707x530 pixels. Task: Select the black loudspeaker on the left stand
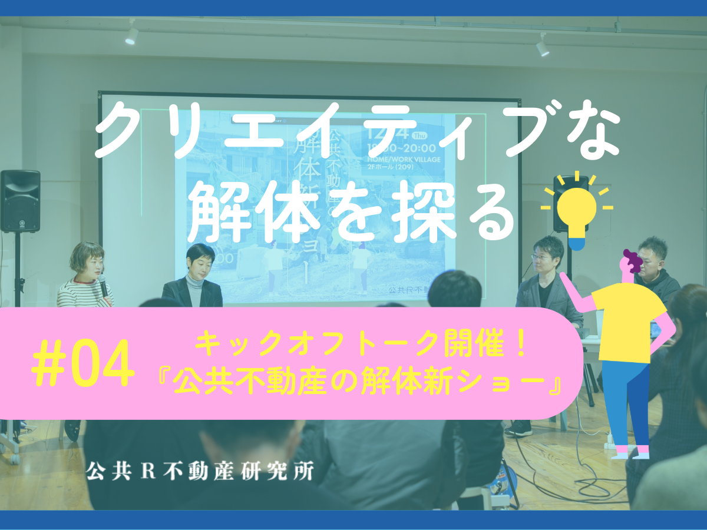point(20,201)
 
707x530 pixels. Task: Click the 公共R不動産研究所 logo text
point(199,470)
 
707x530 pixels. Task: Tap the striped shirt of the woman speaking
point(82,294)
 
